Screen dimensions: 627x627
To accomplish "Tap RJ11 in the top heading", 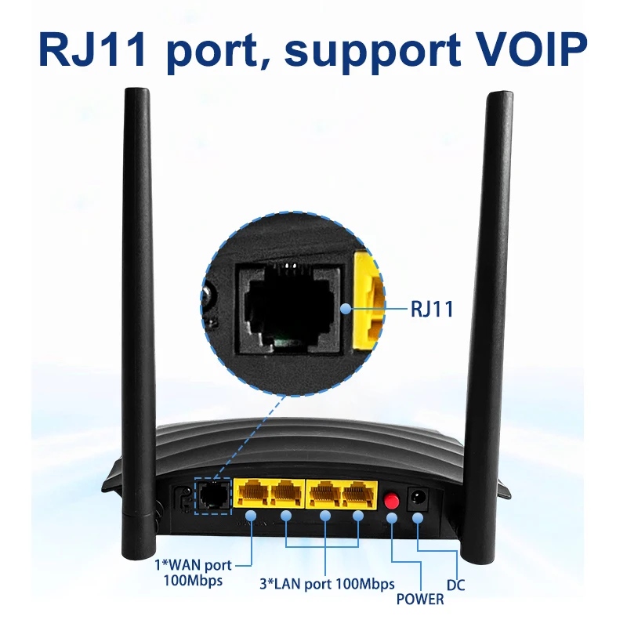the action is (x=92, y=49).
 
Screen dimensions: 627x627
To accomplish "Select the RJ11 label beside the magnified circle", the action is (x=433, y=309).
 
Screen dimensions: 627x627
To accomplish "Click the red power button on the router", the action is (x=391, y=500).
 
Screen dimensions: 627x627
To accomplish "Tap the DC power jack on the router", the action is (x=418, y=498).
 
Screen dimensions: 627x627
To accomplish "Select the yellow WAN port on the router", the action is (x=251, y=494).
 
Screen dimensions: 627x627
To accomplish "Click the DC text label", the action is (x=455, y=585).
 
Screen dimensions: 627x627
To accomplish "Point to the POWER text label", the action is (x=420, y=599).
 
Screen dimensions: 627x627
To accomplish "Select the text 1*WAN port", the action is (x=193, y=565).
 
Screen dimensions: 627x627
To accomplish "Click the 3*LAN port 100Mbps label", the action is (x=327, y=584).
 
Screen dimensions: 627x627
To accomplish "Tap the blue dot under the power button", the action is (x=392, y=518).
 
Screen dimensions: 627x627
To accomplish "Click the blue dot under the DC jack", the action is (x=418, y=518).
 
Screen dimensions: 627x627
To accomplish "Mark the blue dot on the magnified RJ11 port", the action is (x=346, y=309).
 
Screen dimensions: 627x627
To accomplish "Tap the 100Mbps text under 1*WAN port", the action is (x=193, y=581).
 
